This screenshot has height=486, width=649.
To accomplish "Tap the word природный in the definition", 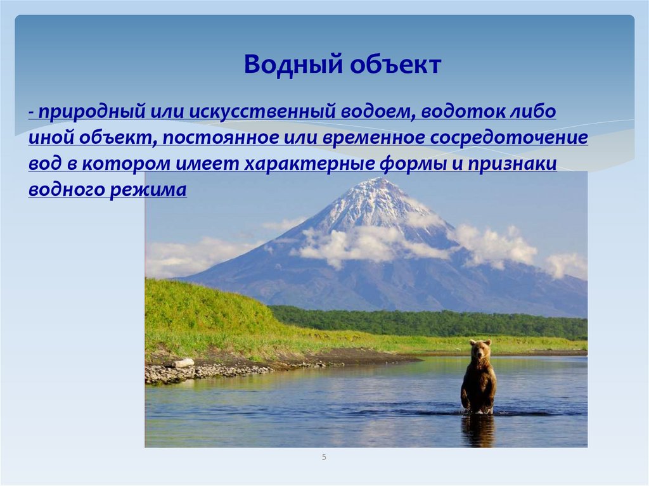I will point(91,112).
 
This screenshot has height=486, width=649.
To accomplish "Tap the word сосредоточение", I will point(514,138).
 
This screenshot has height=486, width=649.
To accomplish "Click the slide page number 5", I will point(324,457).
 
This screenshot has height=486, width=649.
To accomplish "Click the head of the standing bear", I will point(480,349).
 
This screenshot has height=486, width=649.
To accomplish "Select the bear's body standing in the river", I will point(479,383).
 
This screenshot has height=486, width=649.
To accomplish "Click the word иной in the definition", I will point(48,138).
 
